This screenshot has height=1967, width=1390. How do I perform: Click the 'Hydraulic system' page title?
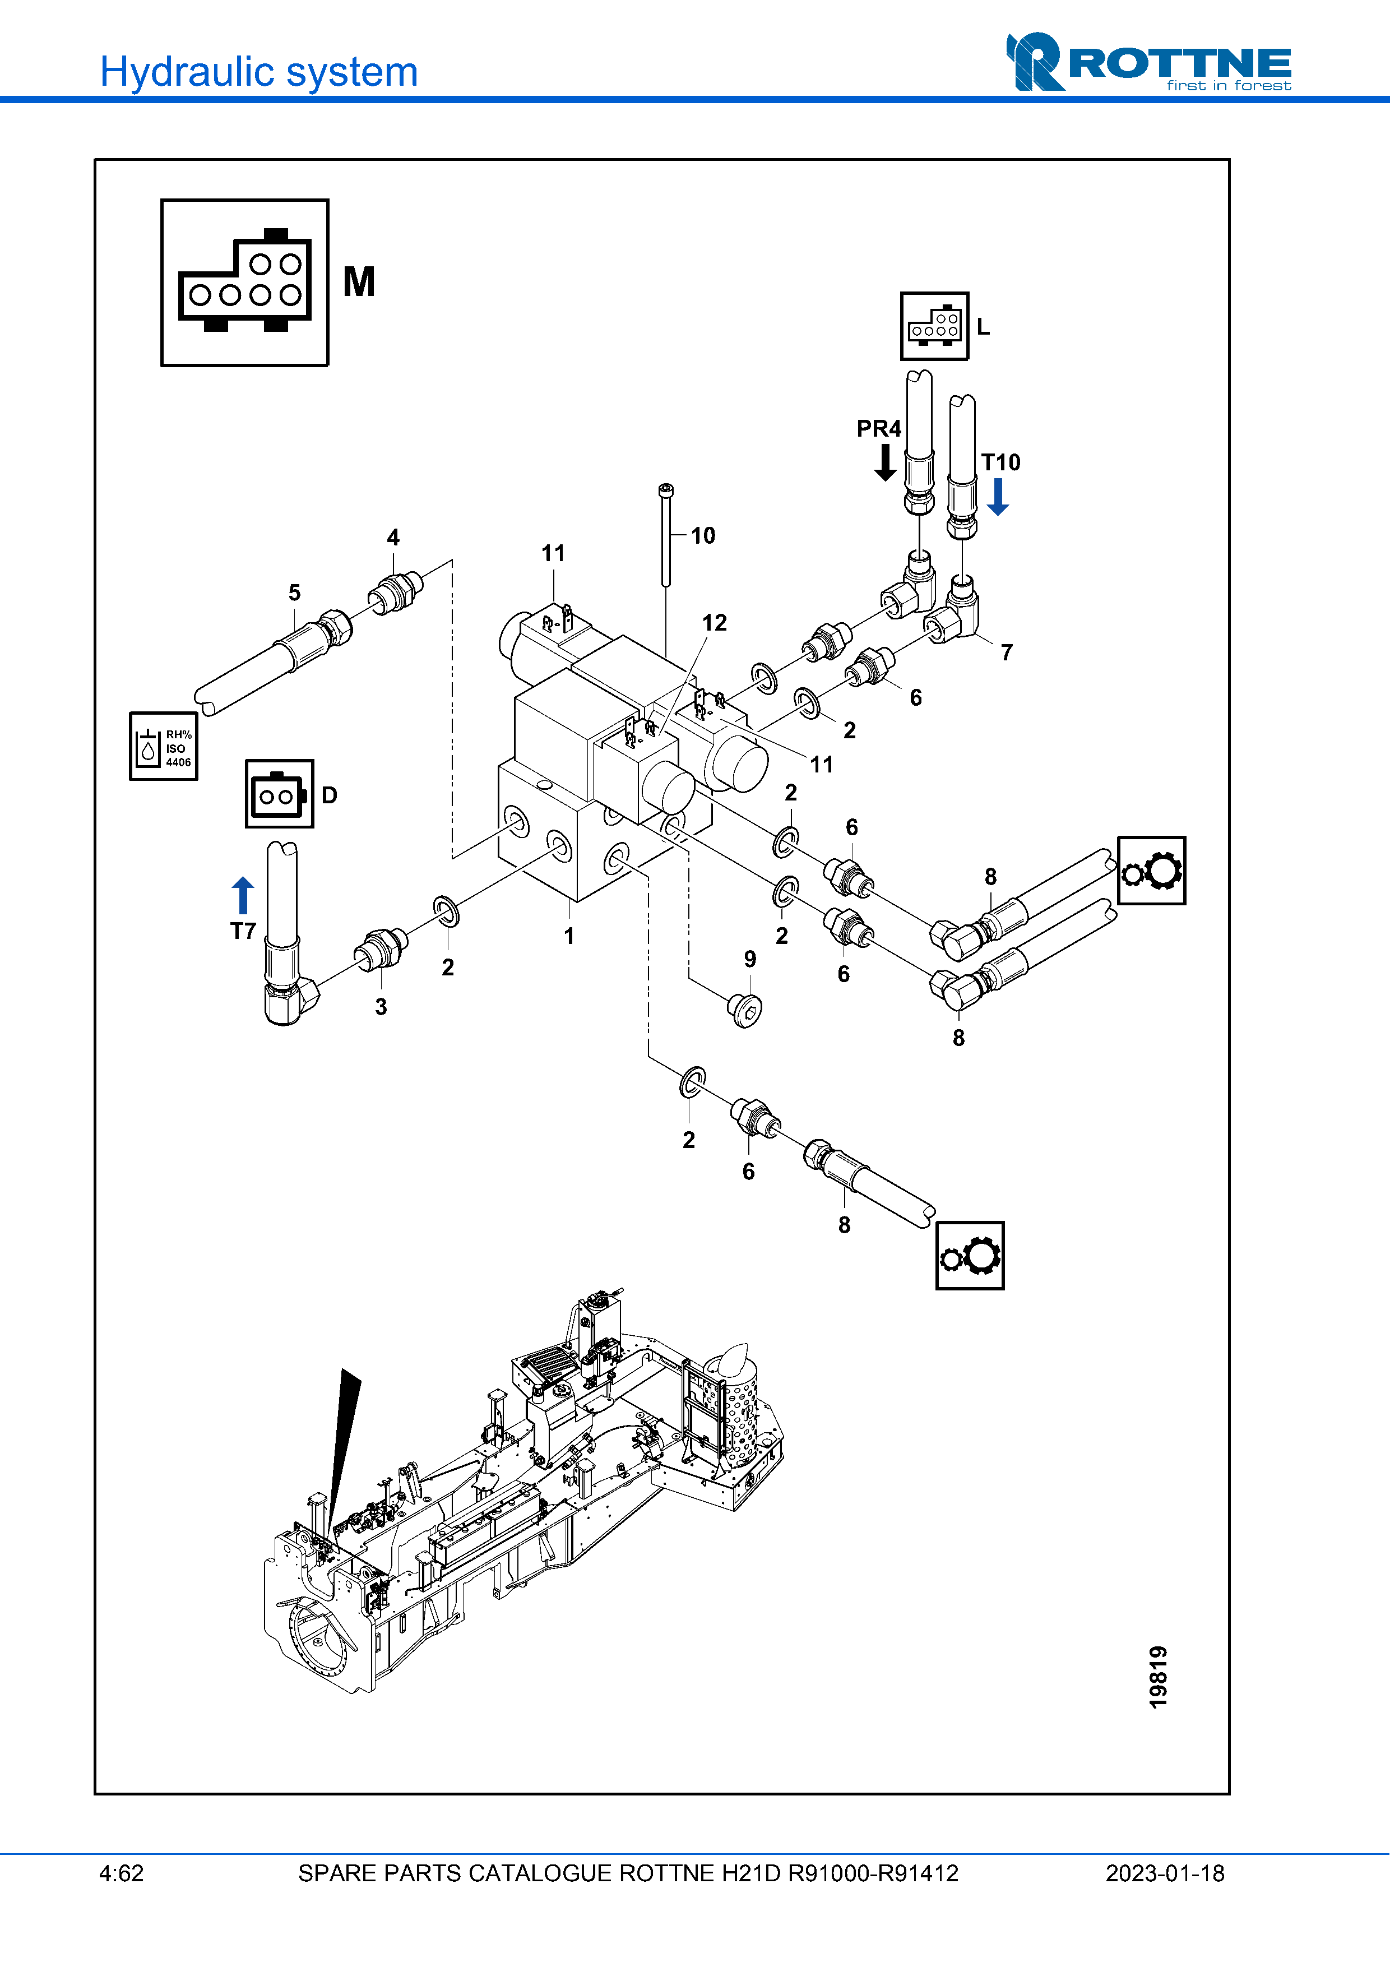coord(258,72)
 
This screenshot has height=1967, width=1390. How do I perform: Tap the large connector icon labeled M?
coord(245,283)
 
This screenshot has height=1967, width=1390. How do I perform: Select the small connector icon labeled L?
coord(934,326)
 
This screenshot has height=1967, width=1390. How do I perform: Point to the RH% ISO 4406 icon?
coord(164,746)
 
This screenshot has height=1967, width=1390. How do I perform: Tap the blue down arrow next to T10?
coord(998,497)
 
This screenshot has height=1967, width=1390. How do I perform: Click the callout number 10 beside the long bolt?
coord(703,536)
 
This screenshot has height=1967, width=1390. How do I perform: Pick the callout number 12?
coord(714,623)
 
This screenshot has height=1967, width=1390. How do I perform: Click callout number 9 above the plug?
coord(750,960)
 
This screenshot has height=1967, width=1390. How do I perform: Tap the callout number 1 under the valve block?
coord(569,936)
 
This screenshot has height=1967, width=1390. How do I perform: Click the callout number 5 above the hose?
coord(295,593)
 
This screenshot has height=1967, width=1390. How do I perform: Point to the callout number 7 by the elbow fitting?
coord(1007,653)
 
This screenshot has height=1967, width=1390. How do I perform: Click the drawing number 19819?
coord(1158,1677)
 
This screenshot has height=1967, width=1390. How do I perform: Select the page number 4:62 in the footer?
coord(122,1873)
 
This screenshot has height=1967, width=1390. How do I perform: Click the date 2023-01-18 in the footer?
coord(1165,1873)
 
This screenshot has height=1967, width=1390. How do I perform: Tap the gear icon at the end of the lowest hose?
coord(970,1256)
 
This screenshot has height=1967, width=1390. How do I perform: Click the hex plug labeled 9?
coord(745,1010)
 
